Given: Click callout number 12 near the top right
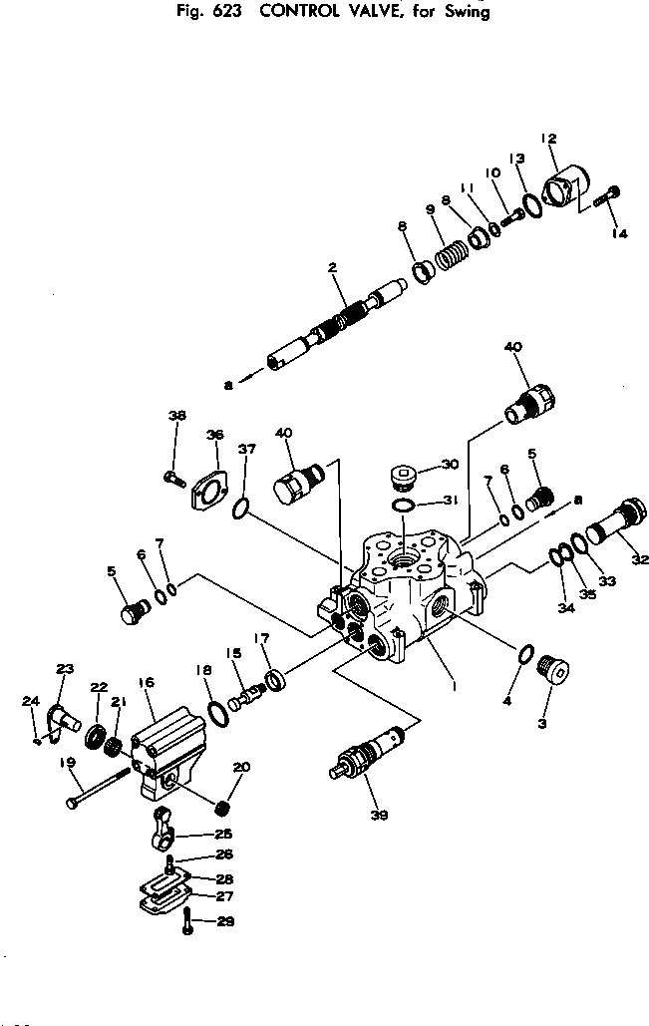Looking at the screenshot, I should [x=548, y=138].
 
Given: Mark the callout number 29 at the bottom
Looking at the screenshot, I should [x=225, y=921].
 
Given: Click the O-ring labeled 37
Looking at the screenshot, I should [x=240, y=511].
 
